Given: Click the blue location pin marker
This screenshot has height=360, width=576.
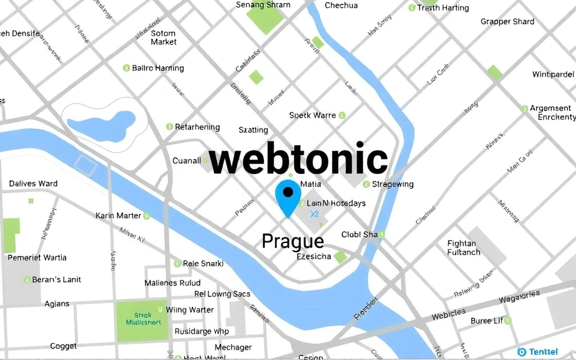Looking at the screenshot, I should click(x=288, y=198).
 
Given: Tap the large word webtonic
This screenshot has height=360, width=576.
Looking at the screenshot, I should click(x=298, y=160).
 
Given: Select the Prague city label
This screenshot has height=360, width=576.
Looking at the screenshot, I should click(x=293, y=241).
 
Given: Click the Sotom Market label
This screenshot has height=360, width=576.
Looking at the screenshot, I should click(x=164, y=38).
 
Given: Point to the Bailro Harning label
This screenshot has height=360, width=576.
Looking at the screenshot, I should click(x=157, y=68).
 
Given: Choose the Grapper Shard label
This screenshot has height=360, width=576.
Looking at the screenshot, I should click(x=507, y=22).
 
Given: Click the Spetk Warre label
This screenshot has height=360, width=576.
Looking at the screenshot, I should click(x=313, y=115).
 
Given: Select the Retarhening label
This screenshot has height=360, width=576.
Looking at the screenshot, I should click(x=197, y=127).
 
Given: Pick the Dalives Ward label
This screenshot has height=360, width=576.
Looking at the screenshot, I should click(x=33, y=183).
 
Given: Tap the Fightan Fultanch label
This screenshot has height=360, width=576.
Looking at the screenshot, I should click(x=464, y=248).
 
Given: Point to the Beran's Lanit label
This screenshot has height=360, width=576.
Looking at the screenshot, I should click(x=56, y=280).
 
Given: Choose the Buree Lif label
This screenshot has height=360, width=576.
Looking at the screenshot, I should click(x=487, y=321).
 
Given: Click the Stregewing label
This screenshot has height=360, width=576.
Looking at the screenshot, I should click(x=393, y=184).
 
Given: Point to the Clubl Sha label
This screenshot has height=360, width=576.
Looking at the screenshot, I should click(x=359, y=235).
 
